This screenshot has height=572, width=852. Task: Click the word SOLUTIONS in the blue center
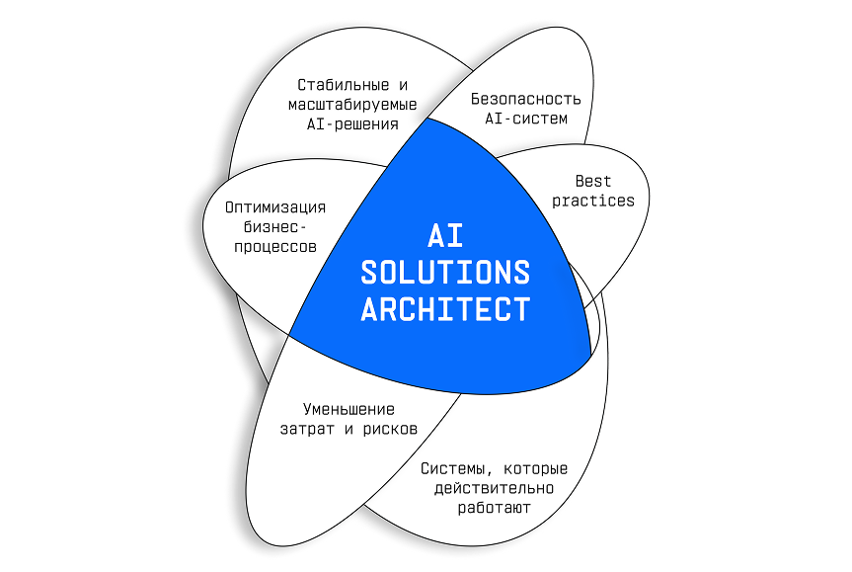(444, 272)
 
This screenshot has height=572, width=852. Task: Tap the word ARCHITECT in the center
(444, 308)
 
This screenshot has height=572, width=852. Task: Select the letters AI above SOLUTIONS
(444, 235)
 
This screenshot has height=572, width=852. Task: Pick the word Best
(593, 181)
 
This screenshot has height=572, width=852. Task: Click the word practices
(593, 201)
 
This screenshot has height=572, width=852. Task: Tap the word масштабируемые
(352, 104)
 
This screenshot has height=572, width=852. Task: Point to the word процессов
(275, 247)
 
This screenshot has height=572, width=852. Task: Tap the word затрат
(308, 429)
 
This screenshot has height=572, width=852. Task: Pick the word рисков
(389, 429)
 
